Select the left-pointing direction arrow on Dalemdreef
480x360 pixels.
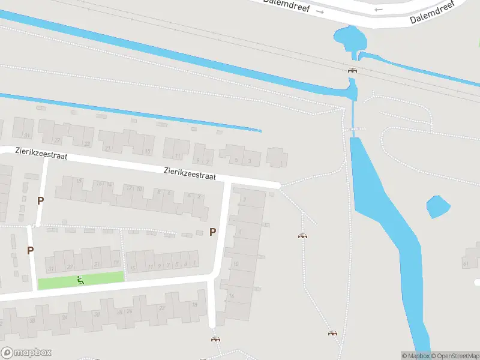click(x=377, y=9)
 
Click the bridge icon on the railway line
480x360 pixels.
click(x=352, y=70)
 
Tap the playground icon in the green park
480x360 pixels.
click(x=80, y=279)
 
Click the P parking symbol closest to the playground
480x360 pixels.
click(x=30, y=250)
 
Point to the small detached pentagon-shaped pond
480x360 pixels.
click(x=438, y=207)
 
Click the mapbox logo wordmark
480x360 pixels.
click(x=27, y=353)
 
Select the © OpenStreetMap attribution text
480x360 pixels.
click(x=454, y=356)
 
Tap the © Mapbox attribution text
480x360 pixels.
click(x=416, y=356)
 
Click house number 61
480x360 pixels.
click(x=466, y=263)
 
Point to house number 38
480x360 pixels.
click(x=32, y=320)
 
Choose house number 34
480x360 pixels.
click(x=64, y=317)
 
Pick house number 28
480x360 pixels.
click(x=113, y=311)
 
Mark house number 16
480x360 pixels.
click(x=231, y=295)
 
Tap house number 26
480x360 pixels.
click(x=129, y=311)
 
